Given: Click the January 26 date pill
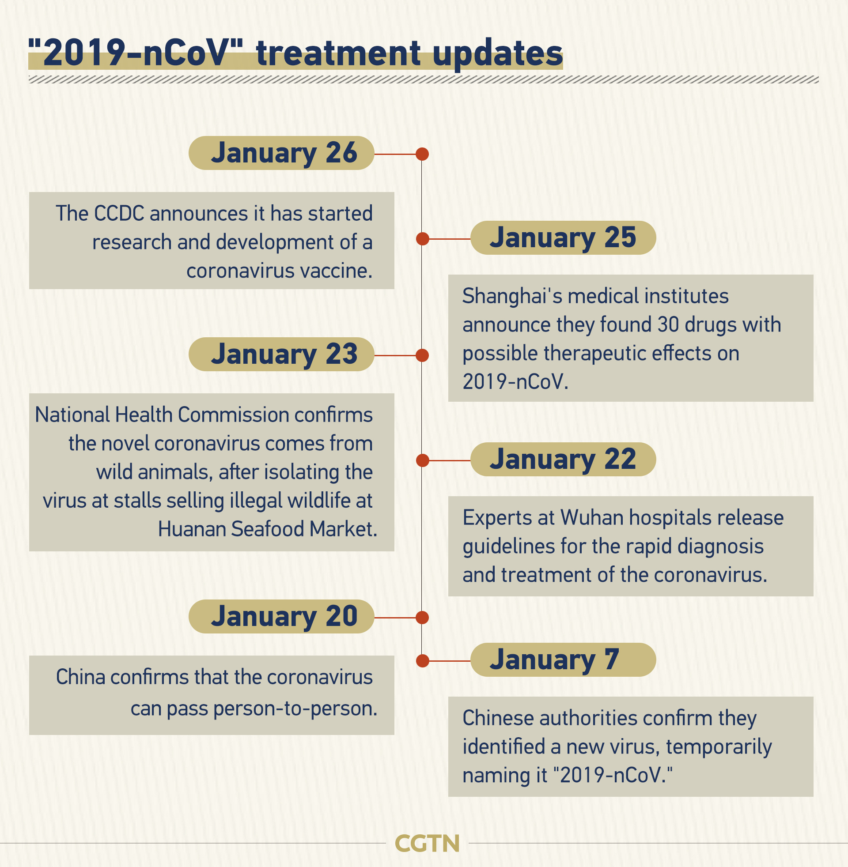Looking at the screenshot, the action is tap(281, 153).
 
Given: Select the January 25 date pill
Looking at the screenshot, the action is tap(563, 237).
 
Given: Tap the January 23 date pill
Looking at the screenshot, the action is tap(281, 354).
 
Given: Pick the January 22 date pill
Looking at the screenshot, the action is tap(563, 459).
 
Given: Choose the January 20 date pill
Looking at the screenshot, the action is tap(281, 616).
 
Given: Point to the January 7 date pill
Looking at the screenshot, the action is tap(563, 660).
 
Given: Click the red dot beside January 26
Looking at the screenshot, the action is tap(422, 154).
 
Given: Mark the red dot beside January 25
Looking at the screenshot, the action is tap(422, 239).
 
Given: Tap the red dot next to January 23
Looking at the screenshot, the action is tap(422, 355).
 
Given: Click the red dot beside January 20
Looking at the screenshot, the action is tap(422, 618).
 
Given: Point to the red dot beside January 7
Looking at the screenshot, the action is tap(422, 661).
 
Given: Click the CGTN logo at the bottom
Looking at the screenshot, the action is tap(427, 844).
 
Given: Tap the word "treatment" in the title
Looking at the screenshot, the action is tap(338, 53).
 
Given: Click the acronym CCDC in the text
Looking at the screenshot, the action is tap(119, 214).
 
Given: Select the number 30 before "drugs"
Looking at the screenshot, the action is tap(668, 325).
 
